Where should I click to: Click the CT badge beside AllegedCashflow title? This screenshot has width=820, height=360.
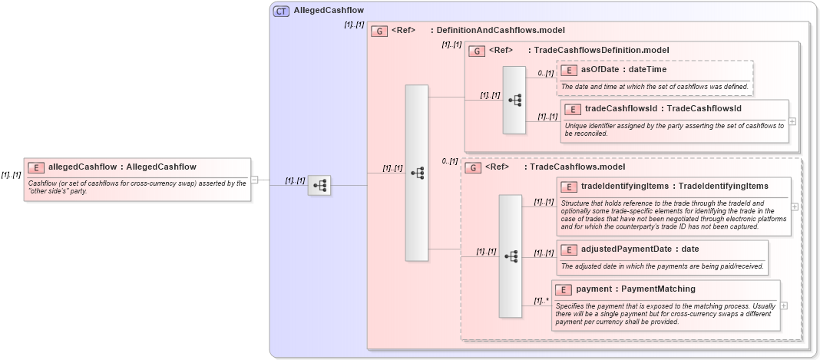[281, 11]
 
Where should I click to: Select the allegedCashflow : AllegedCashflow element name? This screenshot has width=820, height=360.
[122, 167]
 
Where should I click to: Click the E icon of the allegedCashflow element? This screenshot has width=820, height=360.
[36, 167]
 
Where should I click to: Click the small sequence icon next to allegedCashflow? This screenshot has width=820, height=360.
[319, 185]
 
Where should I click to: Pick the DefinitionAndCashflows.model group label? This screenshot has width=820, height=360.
[501, 31]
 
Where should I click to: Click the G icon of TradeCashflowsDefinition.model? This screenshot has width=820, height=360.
[476, 51]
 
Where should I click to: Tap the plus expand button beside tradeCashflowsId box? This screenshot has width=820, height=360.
[792, 121]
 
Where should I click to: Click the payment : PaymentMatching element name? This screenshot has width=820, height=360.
[635, 289]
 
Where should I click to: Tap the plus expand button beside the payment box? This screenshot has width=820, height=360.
[784, 305]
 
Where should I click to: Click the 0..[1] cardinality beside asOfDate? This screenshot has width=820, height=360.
[545, 74]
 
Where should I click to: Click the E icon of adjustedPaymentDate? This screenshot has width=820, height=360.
[569, 249]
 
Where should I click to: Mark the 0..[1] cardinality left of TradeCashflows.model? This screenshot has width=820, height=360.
[450, 161]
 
